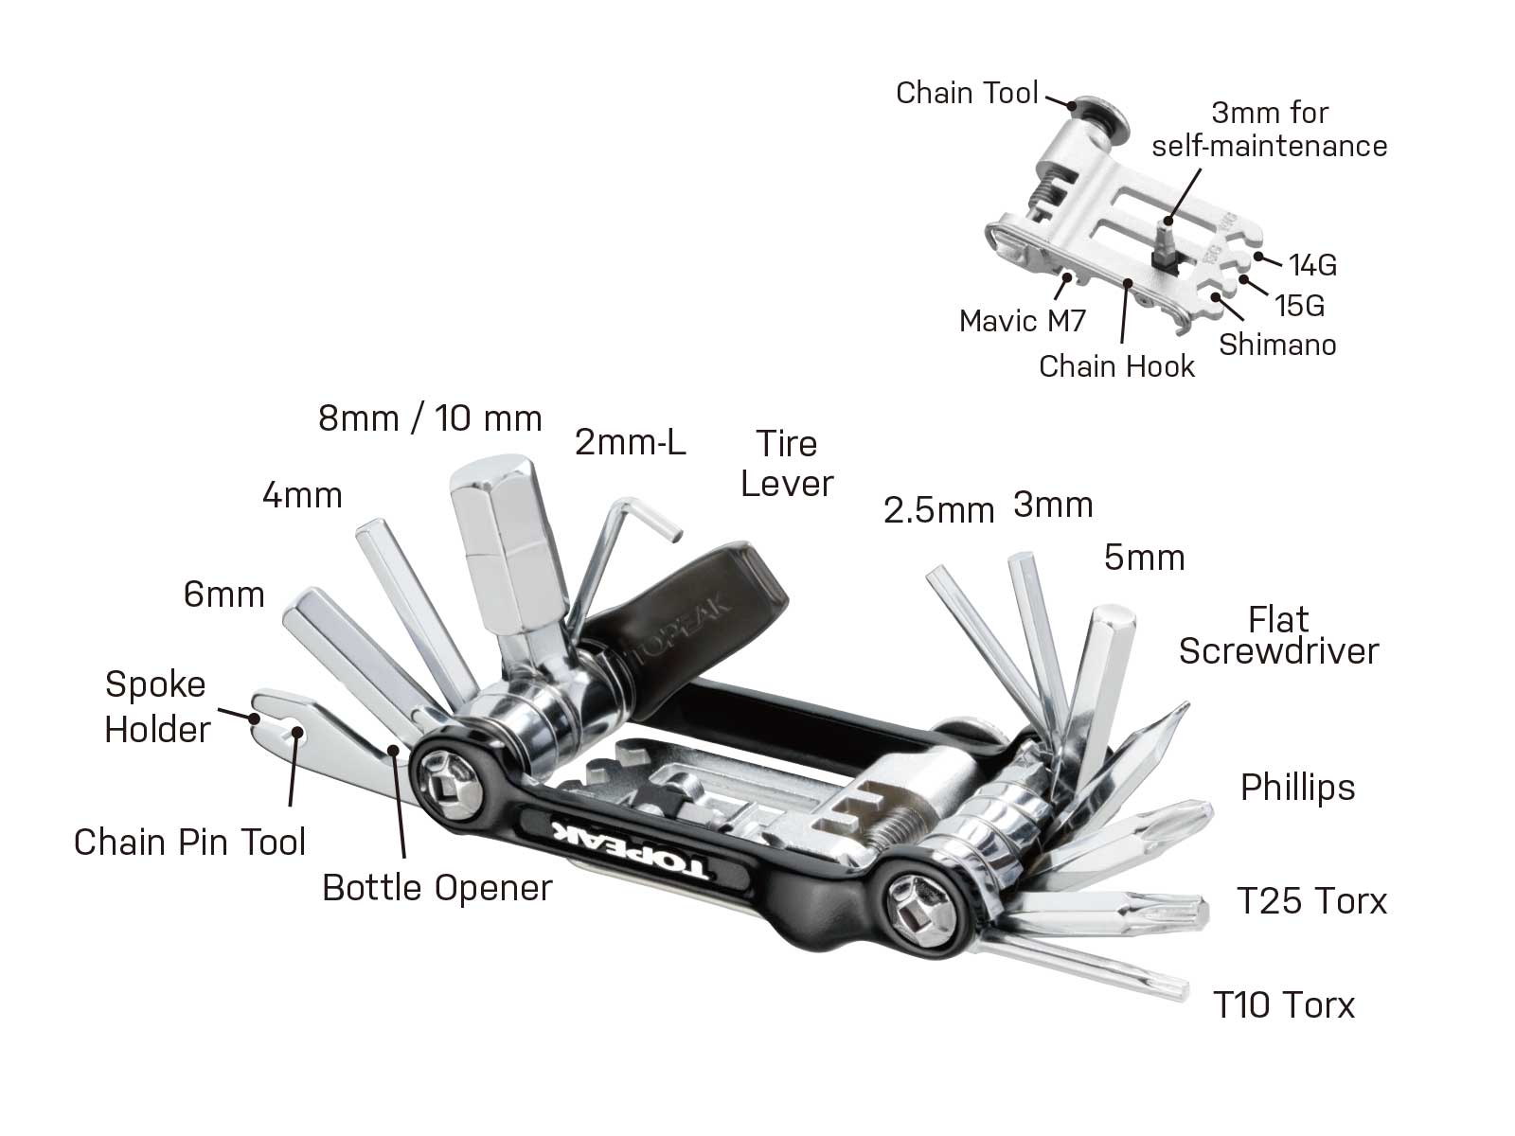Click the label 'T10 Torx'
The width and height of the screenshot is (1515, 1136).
pyautogui.click(x=1284, y=1004)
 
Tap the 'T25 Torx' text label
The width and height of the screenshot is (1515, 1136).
pyautogui.click(x=1311, y=900)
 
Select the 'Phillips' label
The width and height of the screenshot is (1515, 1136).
pyautogui.click(x=1297, y=787)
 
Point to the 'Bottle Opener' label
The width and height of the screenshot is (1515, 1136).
pyautogui.click(x=437, y=888)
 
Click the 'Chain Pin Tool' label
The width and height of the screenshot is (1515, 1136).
pyautogui.click(x=189, y=842)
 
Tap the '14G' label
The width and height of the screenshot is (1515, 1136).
pyautogui.click(x=1312, y=265)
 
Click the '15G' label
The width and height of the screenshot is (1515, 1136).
pyautogui.click(x=1299, y=306)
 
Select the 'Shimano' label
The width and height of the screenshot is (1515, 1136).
pyautogui.click(x=1277, y=345)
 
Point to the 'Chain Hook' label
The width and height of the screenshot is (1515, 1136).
pyautogui.click(x=1116, y=366)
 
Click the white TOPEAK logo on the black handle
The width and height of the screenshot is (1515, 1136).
pyautogui.click(x=630, y=850)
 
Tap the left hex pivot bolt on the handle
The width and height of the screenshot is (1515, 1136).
pyautogui.click(x=446, y=779)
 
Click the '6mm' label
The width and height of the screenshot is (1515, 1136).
pyautogui.click(x=223, y=595)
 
